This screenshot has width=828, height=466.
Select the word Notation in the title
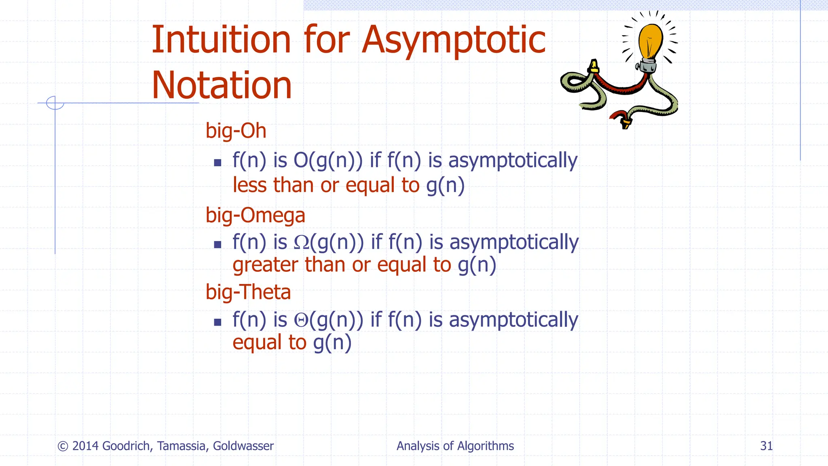pyautogui.click(x=222, y=85)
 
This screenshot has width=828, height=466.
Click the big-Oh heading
pyautogui.click(x=236, y=131)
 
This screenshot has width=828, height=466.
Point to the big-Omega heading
pyautogui.click(x=255, y=215)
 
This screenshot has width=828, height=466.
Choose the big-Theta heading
pyautogui.click(x=248, y=292)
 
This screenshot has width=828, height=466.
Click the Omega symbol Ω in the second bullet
pyautogui.click(x=302, y=242)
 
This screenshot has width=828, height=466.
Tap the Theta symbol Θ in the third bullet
pyautogui.click(x=301, y=320)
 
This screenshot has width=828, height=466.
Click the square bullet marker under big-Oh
pyautogui.click(x=218, y=163)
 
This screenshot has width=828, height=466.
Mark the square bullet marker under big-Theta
pyautogui.click(x=218, y=322)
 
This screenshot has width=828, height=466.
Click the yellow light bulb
pyautogui.click(x=651, y=40)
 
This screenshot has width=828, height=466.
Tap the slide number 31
pyautogui.click(x=766, y=446)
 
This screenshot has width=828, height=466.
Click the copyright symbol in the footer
pyautogui.click(x=63, y=446)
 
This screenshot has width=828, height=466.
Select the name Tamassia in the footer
pyautogui.click(x=183, y=446)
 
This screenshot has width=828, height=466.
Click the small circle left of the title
pyautogui.click(x=55, y=103)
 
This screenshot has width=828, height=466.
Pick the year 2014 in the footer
pyautogui.click(x=85, y=446)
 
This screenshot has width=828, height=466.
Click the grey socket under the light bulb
pyautogui.click(x=648, y=65)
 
